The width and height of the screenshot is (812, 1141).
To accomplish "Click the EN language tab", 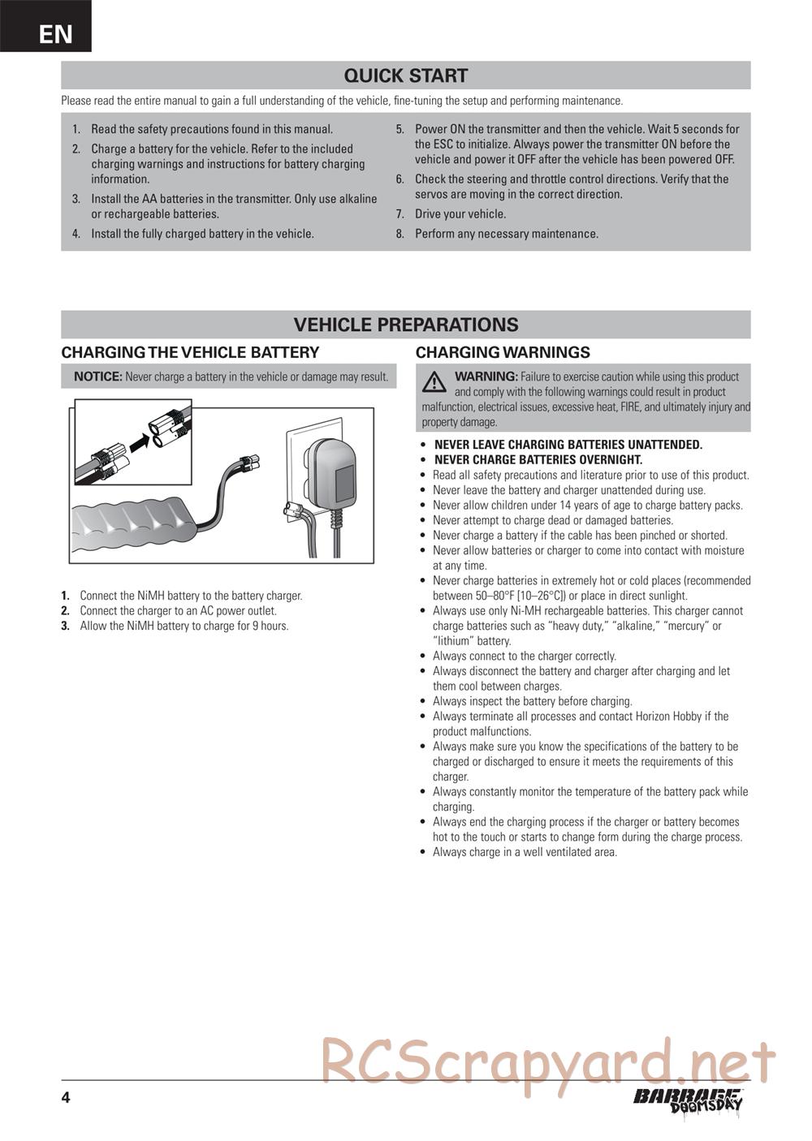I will (54, 34).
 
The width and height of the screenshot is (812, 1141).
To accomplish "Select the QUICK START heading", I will (405, 75).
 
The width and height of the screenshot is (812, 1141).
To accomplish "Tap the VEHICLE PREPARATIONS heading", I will (405, 325).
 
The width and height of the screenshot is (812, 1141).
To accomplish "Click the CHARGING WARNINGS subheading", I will (503, 352).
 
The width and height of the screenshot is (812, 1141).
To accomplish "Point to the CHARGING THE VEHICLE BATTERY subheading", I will (190, 352).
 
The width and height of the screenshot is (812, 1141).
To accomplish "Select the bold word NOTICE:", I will (97, 377).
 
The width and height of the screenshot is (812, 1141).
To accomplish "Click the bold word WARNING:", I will (486, 377).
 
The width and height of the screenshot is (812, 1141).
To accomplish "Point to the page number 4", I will (66, 1098).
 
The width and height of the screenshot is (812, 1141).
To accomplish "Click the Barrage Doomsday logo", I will (689, 1100).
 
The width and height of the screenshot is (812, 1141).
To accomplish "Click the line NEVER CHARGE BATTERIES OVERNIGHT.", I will (538, 459).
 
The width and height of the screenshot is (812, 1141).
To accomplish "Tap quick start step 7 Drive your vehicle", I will (460, 214).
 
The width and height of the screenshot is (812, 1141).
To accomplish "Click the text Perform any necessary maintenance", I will (506, 234).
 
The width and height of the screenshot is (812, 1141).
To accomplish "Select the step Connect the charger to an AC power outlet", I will (178, 610).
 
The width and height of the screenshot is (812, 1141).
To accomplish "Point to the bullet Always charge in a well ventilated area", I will (525, 852).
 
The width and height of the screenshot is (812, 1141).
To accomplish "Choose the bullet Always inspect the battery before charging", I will (532, 701).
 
